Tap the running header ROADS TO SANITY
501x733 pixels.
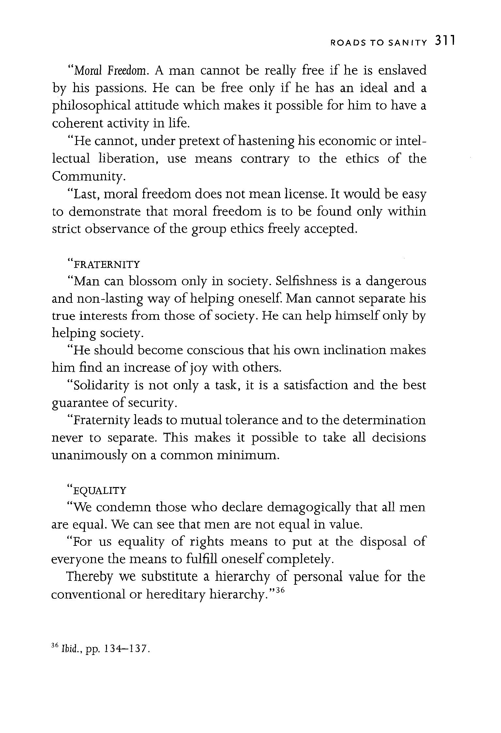tap(378, 43)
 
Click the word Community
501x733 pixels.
tap(88, 177)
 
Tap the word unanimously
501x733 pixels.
tap(89, 455)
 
